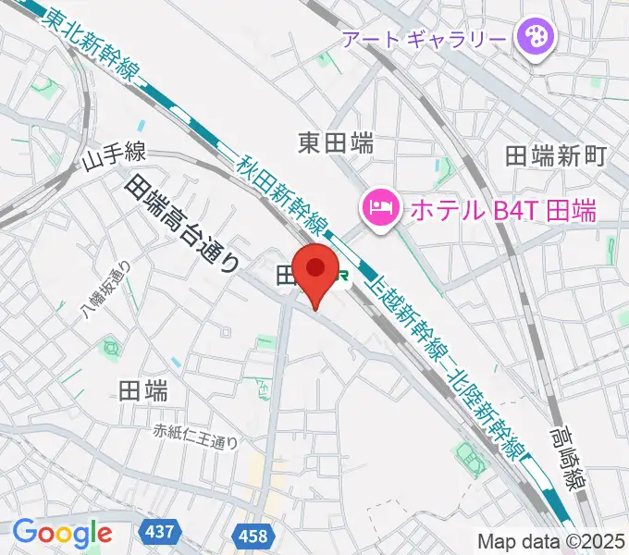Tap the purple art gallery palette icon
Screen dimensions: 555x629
535,38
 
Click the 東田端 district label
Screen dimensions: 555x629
336,142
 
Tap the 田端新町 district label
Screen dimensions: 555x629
555,155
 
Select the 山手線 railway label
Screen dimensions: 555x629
113,159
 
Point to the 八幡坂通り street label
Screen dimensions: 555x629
105,290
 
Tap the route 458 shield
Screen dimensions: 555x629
252,536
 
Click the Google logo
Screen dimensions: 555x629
62,533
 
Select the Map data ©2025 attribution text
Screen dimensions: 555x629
551,540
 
